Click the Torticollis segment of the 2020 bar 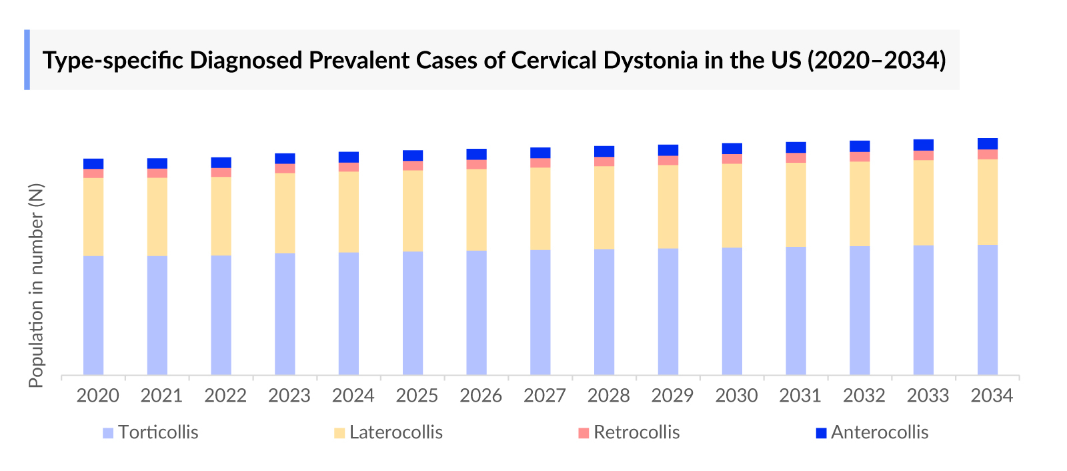93,315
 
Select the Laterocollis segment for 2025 413,211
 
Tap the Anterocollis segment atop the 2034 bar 988,143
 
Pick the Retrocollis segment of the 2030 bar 732,159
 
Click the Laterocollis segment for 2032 860,203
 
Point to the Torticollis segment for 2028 604,312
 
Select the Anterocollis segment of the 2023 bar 285,159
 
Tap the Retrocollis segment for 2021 157,173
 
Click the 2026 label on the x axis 480,396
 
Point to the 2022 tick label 225,396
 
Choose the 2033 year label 928,396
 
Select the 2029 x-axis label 672,396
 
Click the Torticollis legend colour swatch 108,433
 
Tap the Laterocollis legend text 396,432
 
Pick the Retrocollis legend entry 636,432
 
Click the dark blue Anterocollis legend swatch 821,433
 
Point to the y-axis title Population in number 36,285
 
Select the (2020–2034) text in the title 877,60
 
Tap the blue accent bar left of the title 27,59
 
